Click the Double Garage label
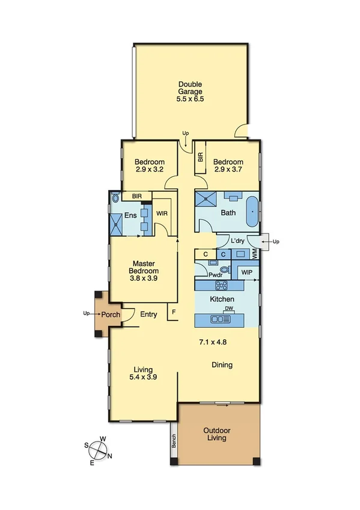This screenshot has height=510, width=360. click(190, 88)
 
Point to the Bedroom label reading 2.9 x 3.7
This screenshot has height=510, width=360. click(228, 166)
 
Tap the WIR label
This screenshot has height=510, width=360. click(162, 214)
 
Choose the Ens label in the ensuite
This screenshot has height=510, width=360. click(130, 216)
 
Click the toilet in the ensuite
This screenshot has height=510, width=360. click(115, 197)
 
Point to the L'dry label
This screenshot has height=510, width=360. click(239, 241)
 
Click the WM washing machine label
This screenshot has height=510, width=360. click(254, 255)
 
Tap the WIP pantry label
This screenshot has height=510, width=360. click(246, 272)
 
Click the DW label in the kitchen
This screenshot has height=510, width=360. click(228, 309)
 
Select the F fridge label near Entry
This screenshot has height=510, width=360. click(174, 312)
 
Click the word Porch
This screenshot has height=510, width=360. click(110, 314)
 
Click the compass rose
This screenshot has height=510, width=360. click(98, 450)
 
